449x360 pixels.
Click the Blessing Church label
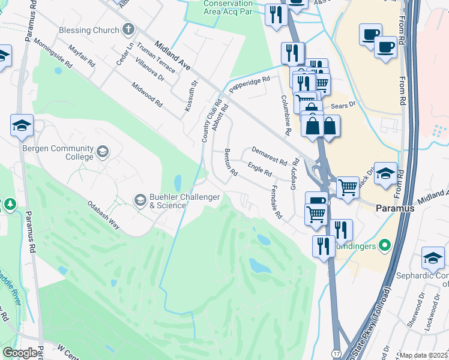[x=89, y=30]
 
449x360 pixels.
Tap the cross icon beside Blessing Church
[x=128, y=29]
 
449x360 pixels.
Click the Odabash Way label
[x=105, y=215]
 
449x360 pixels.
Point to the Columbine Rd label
[x=286, y=115]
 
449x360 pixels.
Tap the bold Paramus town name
[x=396, y=208]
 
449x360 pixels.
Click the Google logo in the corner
[x=20, y=353]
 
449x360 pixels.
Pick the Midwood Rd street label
[x=148, y=94]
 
